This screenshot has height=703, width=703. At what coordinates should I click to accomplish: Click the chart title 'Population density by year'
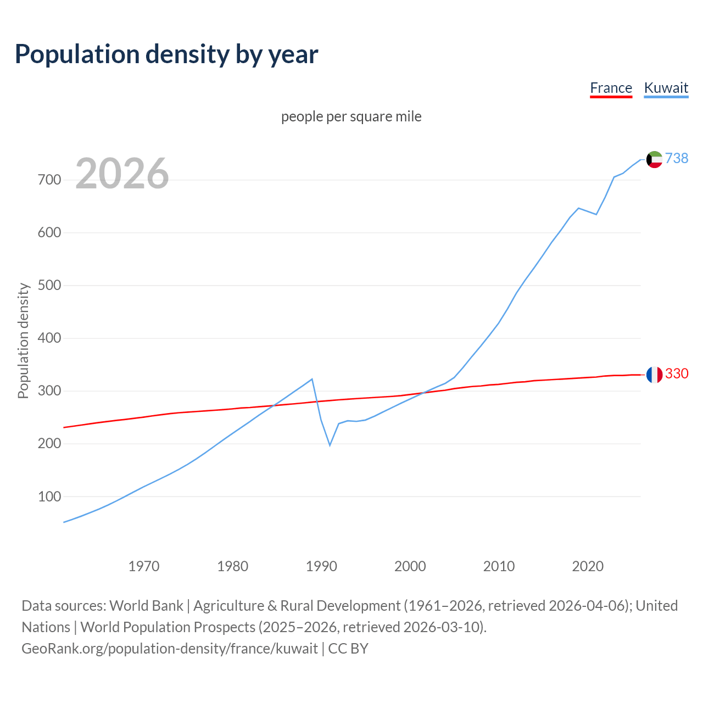click(x=166, y=54)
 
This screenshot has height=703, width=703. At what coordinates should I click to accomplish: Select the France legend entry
click(x=611, y=88)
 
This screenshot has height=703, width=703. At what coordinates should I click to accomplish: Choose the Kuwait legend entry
click(x=666, y=88)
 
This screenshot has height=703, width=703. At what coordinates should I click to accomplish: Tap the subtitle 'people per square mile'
click(x=351, y=117)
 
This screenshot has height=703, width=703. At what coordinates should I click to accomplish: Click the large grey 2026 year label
click(x=122, y=174)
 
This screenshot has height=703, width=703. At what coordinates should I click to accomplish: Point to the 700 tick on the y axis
click(x=49, y=180)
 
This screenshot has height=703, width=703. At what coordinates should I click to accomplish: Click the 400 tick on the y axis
click(x=49, y=338)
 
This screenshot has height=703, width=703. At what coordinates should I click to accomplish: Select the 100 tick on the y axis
click(x=49, y=496)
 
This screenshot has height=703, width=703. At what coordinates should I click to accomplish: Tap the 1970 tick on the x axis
click(x=144, y=566)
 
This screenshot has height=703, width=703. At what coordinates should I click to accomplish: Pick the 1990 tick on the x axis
click(x=321, y=566)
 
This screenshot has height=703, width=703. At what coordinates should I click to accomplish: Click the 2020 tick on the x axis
click(x=588, y=566)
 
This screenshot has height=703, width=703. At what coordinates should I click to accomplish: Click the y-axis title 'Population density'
click(x=23, y=341)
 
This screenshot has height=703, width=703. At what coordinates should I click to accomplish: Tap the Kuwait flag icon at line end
click(x=654, y=159)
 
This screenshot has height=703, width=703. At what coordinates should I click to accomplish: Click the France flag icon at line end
click(x=654, y=375)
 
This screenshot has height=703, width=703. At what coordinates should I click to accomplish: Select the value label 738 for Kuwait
click(x=677, y=158)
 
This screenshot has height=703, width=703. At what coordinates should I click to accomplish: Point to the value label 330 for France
click(x=677, y=373)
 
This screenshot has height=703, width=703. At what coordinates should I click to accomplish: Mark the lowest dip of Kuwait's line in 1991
click(x=330, y=445)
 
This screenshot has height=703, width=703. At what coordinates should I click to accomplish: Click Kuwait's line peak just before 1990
click(x=312, y=379)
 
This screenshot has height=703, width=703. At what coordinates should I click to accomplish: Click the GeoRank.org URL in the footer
click(x=170, y=649)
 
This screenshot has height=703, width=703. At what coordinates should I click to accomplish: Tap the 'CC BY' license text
click(x=348, y=649)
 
